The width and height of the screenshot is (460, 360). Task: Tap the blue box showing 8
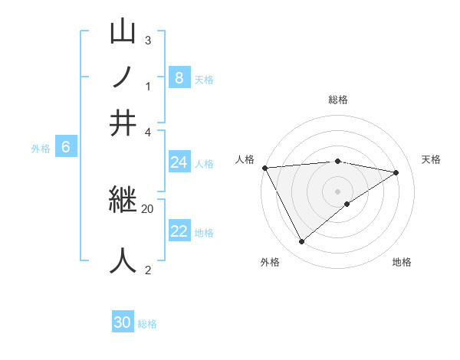(x=179, y=77)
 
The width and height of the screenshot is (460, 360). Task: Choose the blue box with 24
(x=179, y=162)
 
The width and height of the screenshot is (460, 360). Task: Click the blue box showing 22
(x=179, y=231)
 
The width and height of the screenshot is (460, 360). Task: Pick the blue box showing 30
(x=123, y=322)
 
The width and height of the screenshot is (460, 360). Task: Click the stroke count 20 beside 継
(x=147, y=208)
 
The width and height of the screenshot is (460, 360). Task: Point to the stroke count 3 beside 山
(x=147, y=40)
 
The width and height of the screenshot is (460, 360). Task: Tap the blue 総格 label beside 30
(x=147, y=324)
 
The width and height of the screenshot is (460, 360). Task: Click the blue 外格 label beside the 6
(x=41, y=149)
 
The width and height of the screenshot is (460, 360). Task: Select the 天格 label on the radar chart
(x=431, y=159)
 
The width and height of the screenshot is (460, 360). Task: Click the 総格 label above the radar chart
(x=337, y=100)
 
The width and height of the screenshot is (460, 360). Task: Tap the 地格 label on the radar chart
(x=402, y=262)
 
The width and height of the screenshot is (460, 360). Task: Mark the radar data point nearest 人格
(x=264, y=168)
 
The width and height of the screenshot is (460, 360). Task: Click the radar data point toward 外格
(x=301, y=242)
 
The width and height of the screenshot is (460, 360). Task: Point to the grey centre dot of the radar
(x=337, y=191)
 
